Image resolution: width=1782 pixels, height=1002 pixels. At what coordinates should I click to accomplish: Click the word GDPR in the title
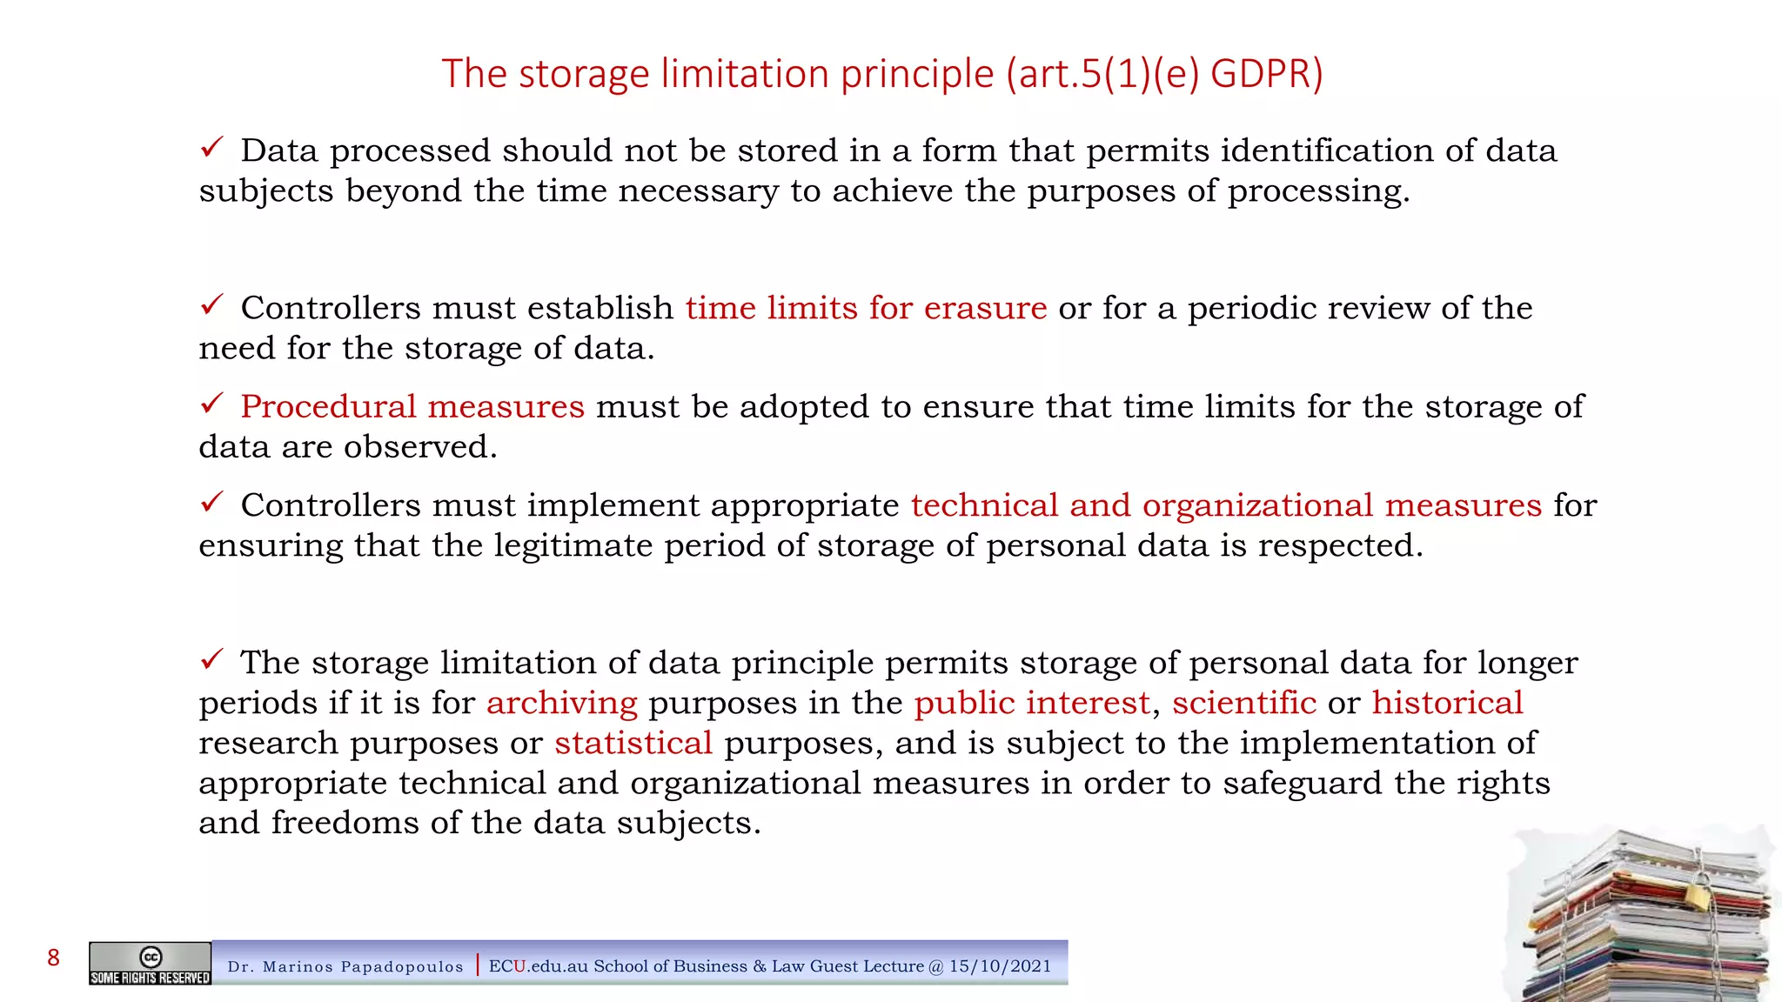(1266, 73)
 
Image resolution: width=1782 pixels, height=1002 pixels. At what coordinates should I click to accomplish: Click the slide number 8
(54, 958)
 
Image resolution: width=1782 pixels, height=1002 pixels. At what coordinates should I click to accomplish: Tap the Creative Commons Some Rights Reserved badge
(150, 964)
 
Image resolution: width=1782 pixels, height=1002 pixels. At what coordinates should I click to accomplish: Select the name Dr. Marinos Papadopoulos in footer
(345, 966)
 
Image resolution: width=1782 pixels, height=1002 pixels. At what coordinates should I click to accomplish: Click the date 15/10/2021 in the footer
(1000, 965)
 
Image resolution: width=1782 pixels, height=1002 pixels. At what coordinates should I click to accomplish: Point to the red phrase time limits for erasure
(866, 308)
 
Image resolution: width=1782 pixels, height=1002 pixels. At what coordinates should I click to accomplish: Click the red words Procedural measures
(412, 406)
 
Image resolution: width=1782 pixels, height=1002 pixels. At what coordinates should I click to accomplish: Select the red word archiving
(562, 703)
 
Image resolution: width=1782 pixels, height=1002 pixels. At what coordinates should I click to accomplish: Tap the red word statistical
(633, 743)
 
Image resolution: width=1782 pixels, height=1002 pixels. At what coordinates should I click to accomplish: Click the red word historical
(1447, 703)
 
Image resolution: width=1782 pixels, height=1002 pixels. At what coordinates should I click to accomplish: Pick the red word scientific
(1244, 703)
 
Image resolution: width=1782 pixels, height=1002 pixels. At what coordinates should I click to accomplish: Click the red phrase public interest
(1032, 703)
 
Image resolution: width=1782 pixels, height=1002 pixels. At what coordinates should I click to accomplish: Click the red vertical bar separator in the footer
(478, 965)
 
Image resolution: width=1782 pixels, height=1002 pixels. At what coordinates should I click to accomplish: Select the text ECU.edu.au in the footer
(538, 965)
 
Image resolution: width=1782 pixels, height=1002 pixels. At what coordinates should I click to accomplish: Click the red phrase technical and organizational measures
(1226, 505)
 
